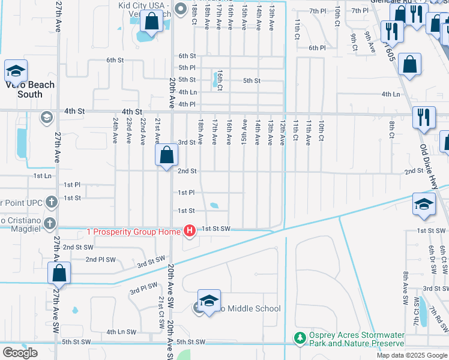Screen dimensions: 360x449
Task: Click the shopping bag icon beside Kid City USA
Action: [152, 22]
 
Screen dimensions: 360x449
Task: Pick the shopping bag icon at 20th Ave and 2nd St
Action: [167, 155]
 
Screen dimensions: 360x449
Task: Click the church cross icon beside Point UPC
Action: [51, 202]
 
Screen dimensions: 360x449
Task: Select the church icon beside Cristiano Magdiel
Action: [49, 223]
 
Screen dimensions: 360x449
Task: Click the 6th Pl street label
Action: [316, 48]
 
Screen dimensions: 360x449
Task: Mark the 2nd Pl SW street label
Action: [100, 259]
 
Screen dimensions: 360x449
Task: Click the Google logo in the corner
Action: [20, 352]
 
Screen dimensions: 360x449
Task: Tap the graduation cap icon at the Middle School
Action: [208, 301]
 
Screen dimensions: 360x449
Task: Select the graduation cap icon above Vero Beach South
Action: [15, 71]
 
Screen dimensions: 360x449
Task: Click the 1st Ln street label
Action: [43, 176]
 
